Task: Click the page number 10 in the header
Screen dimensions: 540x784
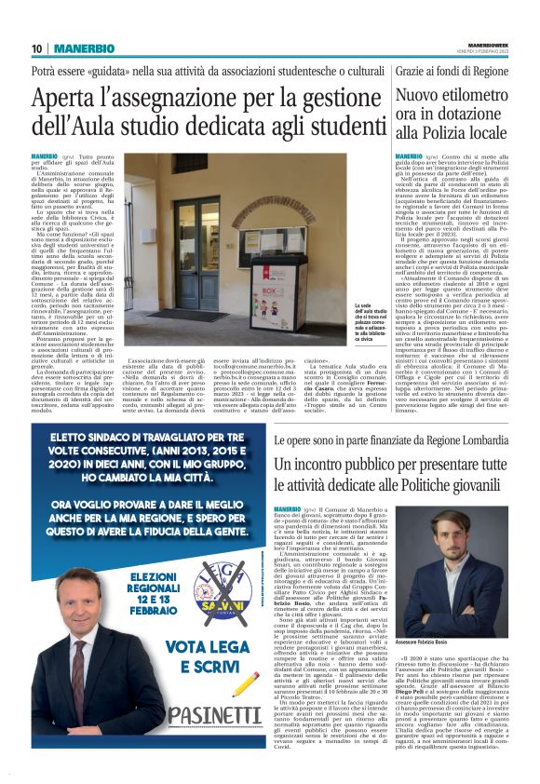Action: pos(36,48)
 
